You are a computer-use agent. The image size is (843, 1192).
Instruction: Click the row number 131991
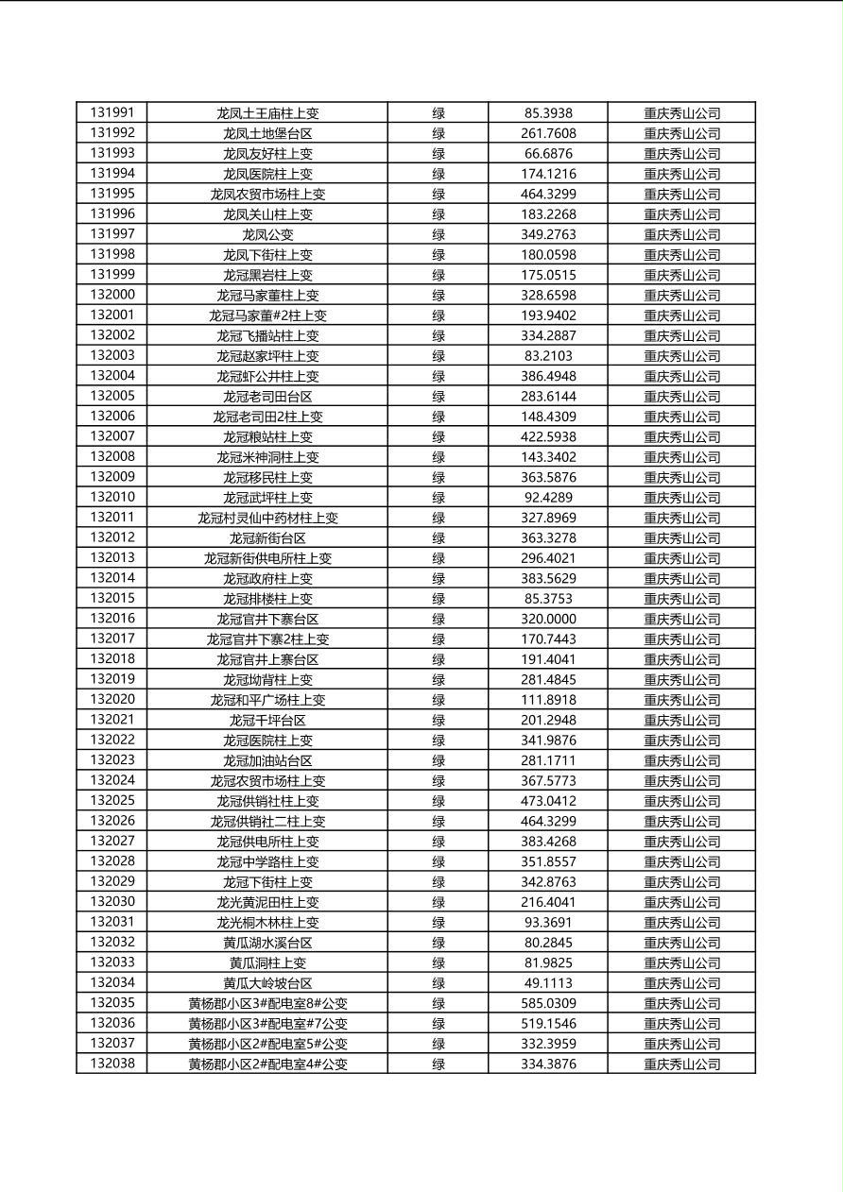point(112,112)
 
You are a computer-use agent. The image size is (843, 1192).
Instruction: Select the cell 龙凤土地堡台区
point(267,133)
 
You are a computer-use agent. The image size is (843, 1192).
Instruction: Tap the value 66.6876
point(548,153)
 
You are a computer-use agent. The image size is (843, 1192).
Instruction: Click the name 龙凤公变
point(267,234)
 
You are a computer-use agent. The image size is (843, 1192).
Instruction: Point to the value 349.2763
point(548,234)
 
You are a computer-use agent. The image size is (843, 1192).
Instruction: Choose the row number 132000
point(112,295)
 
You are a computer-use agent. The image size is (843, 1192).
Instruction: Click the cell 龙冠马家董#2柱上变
point(267,315)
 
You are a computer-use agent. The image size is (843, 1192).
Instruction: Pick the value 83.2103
point(548,356)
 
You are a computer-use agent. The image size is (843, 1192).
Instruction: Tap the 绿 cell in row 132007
point(439,436)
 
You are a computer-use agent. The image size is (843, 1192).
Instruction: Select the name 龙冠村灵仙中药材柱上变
point(267,518)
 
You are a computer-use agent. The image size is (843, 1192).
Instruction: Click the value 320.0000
point(548,619)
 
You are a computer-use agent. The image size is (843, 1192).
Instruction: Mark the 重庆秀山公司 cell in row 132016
point(681,619)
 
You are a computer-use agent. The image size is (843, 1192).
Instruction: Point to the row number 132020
point(112,700)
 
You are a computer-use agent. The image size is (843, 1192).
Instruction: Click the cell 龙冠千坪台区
point(267,720)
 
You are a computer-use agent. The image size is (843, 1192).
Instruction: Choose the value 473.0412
point(548,801)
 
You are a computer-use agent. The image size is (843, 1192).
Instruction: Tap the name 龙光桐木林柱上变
point(267,922)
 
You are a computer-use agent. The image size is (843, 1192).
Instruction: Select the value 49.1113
point(548,983)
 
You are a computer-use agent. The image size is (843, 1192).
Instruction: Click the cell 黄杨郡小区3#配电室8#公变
point(267,1003)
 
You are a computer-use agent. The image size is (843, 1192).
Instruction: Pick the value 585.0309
point(548,1003)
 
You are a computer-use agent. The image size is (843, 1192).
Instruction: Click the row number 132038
point(112,1064)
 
